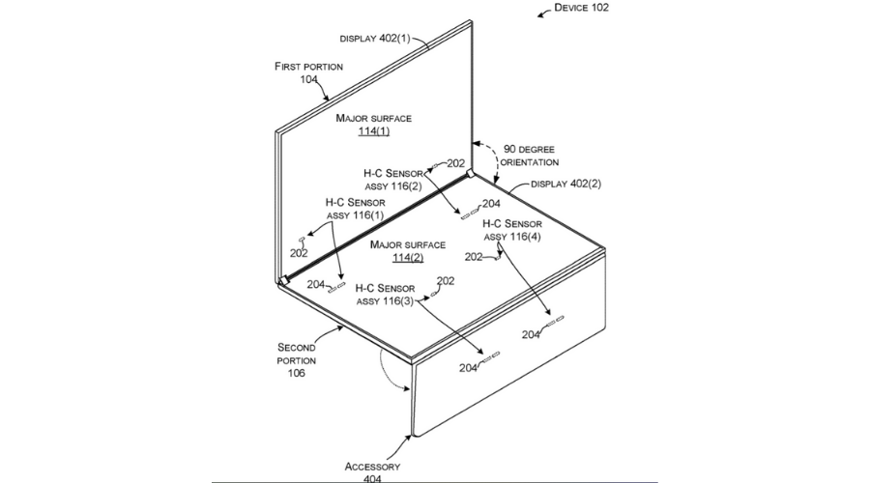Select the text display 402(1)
376,39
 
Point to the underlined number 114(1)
374,132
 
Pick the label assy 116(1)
355,215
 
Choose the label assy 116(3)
385,301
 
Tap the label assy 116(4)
511,237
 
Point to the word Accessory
372,467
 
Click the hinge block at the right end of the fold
470,174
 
